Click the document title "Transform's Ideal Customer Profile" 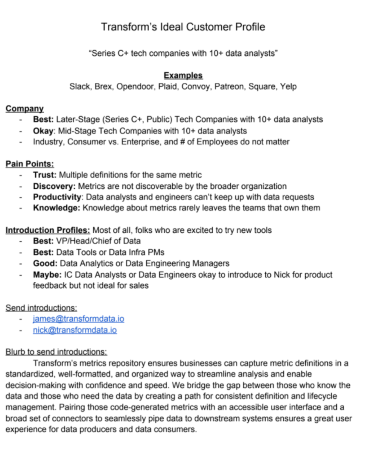pos(183,27)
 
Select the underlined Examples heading pos(183,75)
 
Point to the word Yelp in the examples pos(287,86)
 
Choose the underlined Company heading pos(24,108)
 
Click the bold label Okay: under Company pos(44,130)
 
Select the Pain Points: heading pos(30,164)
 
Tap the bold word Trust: pos(45,175)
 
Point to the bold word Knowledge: pos(56,208)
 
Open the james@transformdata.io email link pos(78,319)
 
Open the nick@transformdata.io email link pos(74,330)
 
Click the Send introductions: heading pos(41,307)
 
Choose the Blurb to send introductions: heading pos(56,351)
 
